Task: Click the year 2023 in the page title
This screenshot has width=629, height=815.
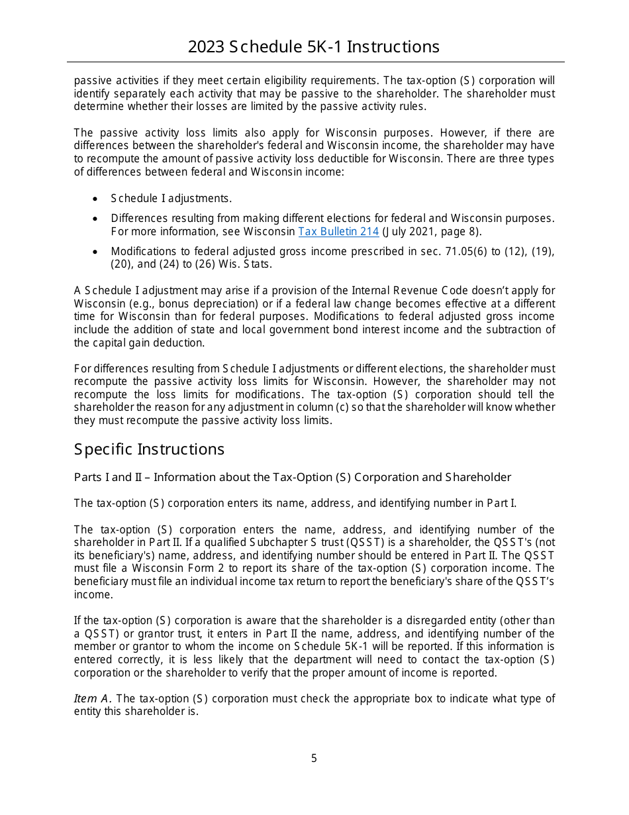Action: (x=206, y=47)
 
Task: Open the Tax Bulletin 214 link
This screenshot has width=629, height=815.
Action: (x=338, y=231)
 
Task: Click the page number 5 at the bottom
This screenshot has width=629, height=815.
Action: (x=314, y=759)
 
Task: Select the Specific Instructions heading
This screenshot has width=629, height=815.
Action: (x=149, y=449)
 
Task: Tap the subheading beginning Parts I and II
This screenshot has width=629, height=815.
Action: (x=292, y=477)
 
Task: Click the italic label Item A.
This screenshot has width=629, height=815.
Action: (x=93, y=699)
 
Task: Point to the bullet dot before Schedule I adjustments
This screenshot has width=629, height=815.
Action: (x=97, y=199)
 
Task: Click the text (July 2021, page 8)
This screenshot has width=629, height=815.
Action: (x=432, y=231)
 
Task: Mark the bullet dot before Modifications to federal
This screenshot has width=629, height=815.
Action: (x=97, y=252)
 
